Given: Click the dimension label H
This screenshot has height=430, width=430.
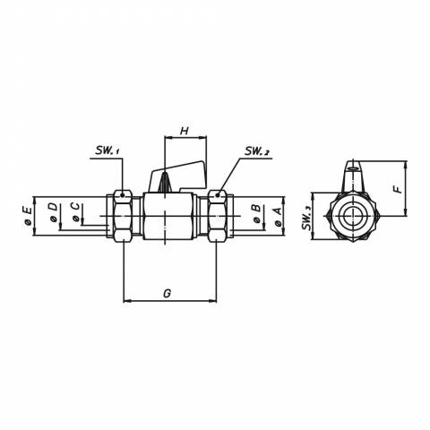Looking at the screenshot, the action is click(185, 131).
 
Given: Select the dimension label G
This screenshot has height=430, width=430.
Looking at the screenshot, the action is click(168, 293).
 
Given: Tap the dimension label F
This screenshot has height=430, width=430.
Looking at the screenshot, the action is click(398, 189).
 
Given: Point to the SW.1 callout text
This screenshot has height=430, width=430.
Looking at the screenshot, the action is click(107, 150).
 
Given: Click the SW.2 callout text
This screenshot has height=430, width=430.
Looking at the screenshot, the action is click(257, 151).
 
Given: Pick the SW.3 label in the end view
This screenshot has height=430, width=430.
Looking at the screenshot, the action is click(306, 218).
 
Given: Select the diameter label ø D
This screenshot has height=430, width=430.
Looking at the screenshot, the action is click(53, 212).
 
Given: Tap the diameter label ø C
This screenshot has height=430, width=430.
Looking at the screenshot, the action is click(75, 212).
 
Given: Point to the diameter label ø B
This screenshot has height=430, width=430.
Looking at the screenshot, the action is click(256, 214).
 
